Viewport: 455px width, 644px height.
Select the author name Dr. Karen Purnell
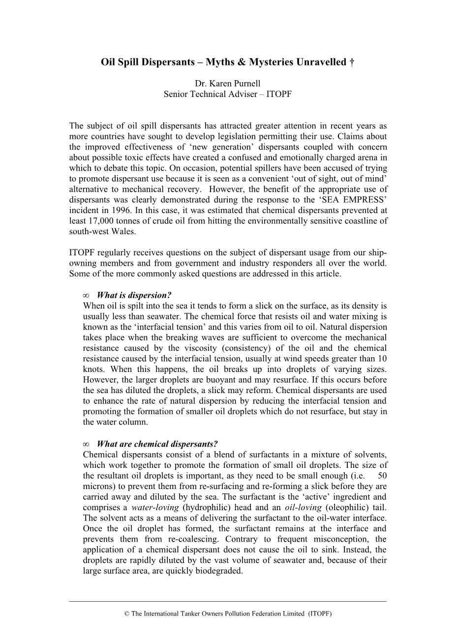point(228,83)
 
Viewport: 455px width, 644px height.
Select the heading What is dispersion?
point(134,295)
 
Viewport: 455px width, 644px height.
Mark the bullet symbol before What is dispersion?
point(86,296)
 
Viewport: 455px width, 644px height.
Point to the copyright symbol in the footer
point(126,614)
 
